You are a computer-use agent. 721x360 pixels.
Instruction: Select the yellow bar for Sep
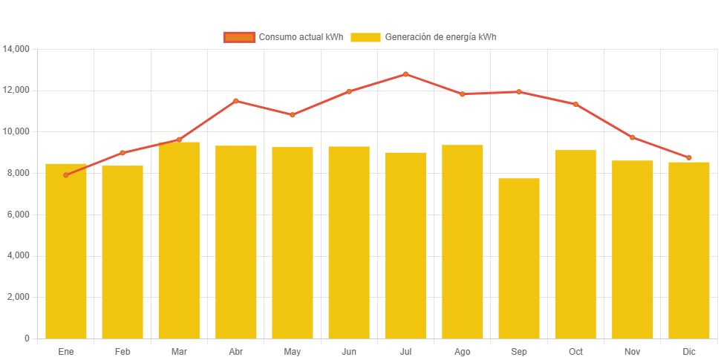(519, 258)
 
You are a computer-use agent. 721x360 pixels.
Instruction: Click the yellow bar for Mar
(179, 240)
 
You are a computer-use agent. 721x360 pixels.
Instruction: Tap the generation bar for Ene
(66, 251)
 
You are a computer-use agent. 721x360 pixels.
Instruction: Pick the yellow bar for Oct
(575, 244)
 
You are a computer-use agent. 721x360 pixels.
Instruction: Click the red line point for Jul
(405, 74)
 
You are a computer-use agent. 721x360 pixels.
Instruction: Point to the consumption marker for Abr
(235, 101)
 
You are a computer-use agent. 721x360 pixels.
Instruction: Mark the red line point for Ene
(66, 175)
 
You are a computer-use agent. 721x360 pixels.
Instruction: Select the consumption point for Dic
(689, 157)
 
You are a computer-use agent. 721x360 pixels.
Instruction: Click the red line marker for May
(293, 115)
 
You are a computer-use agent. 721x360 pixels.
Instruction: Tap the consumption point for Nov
(632, 137)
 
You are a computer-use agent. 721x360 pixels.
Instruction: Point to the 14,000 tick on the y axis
(16, 49)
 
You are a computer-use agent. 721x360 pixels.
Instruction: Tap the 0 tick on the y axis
(27, 338)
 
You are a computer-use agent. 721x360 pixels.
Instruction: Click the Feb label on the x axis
(123, 352)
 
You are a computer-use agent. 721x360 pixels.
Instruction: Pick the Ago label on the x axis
(462, 352)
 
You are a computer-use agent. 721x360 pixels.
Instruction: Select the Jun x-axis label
(349, 352)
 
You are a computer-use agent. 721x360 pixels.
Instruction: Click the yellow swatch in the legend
(365, 37)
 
